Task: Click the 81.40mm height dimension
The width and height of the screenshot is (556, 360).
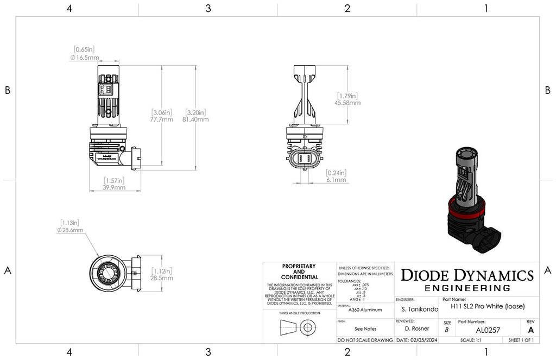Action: click(197, 119)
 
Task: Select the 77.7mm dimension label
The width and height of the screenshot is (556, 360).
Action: click(162, 119)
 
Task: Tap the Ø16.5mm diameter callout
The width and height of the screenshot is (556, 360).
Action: click(85, 57)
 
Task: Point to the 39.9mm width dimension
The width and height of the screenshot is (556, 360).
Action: click(115, 188)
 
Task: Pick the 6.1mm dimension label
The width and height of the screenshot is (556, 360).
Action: click(336, 180)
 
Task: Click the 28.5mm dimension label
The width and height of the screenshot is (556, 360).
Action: click(162, 278)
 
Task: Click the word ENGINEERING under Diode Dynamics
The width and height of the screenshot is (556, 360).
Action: click(467, 288)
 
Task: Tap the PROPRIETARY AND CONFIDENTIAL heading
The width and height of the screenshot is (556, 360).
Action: click(299, 271)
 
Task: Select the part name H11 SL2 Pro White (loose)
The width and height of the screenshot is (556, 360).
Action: click(488, 306)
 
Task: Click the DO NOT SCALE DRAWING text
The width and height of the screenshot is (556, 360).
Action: click(365, 340)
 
